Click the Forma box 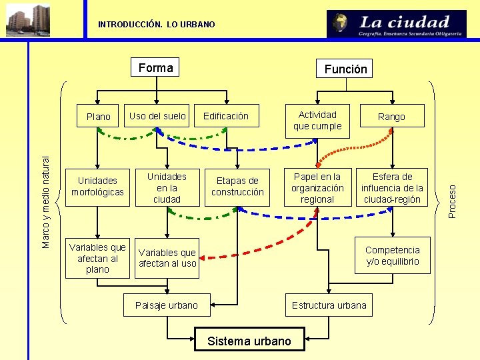click(x=155, y=67)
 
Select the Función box click(x=345, y=69)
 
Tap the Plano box click(x=99, y=117)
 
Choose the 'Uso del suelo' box click(x=157, y=116)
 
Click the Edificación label click(x=225, y=116)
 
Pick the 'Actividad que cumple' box click(x=317, y=121)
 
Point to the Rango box click(x=391, y=117)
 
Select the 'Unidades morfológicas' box click(x=97, y=187)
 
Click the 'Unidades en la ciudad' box click(x=167, y=188)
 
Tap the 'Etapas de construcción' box click(x=237, y=187)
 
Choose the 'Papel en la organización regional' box click(x=317, y=188)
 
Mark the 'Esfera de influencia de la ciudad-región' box click(x=392, y=188)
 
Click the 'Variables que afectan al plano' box click(x=97, y=258)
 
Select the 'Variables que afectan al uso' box click(x=167, y=258)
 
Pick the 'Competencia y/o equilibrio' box click(x=392, y=255)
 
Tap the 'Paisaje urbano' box click(x=167, y=305)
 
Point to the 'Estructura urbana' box click(x=329, y=305)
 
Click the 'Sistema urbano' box click(x=249, y=341)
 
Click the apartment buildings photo click(x=28, y=19)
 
